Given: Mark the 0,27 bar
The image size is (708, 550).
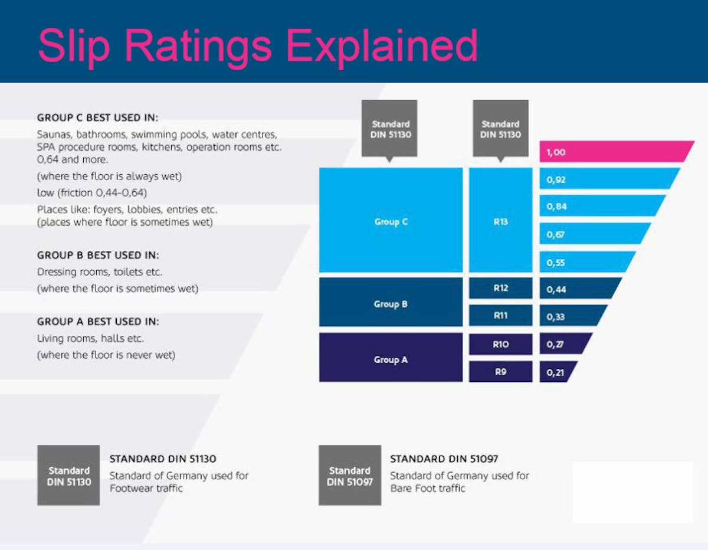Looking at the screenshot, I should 564,343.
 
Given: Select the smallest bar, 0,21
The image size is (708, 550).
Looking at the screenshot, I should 557,372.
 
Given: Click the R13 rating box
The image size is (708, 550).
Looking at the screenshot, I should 500,222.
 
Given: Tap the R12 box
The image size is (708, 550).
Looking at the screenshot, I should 500,289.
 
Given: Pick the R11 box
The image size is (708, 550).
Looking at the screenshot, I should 500,316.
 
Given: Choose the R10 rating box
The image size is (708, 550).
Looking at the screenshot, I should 500,344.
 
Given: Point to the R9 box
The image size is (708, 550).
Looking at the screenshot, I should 500,372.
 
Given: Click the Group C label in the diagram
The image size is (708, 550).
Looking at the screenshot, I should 391,222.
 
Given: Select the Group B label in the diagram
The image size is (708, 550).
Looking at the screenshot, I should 391,304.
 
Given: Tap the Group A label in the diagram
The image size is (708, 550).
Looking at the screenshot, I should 391,359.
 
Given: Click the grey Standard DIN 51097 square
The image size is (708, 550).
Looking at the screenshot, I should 350,476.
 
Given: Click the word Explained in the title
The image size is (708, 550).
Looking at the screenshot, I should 383,46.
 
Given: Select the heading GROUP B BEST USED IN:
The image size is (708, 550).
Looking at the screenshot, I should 98,256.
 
